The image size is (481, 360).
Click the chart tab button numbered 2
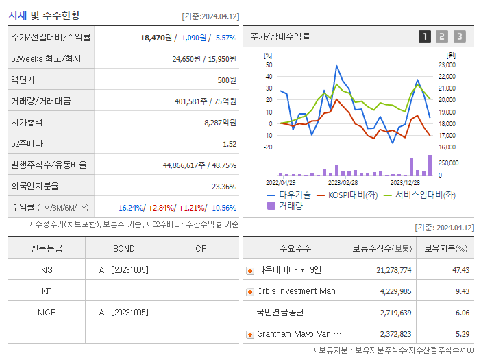coord(442,36)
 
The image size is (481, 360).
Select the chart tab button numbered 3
coord(459,36)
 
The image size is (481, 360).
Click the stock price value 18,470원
coord(158,37)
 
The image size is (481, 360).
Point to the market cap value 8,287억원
coord(220,122)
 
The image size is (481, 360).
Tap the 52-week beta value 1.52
coord(229,143)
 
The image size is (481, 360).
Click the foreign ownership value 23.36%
coord(224,186)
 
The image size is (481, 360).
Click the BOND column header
coord(123,248)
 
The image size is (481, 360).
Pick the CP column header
coord(201,248)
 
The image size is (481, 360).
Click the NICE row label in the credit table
coord(47,312)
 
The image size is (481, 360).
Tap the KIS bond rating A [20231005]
coord(123,269)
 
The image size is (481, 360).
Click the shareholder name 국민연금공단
coord(280,313)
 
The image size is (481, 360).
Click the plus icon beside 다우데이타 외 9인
coord(250,270)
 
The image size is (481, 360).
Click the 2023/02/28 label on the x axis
coord(343,182)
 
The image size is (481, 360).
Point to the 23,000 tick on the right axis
coord(447,65)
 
